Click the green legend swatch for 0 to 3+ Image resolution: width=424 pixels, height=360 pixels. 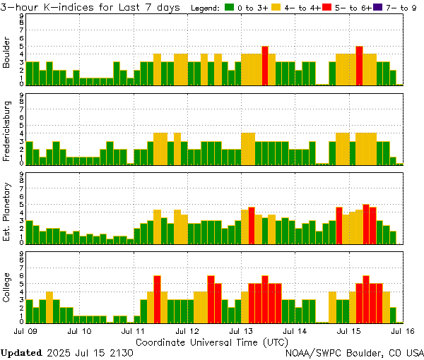pyautogui.click(x=229, y=8)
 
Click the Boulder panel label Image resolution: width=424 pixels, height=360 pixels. pyautogui.click(x=6, y=52)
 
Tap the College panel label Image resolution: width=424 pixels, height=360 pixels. pyautogui.click(x=6, y=289)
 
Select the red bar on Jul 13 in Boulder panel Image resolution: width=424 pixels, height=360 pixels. pyautogui.click(x=265, y=65)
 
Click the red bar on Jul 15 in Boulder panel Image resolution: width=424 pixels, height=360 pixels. pyautogui.click(x=360, y=65)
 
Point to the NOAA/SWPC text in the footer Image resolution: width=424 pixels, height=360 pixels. pyautogui.click(x=312, y=352)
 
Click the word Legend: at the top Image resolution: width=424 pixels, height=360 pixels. pyautogui.click(x=206, y=8)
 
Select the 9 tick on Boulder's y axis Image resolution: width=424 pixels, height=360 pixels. pyautogui.click(x=22, y=16)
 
